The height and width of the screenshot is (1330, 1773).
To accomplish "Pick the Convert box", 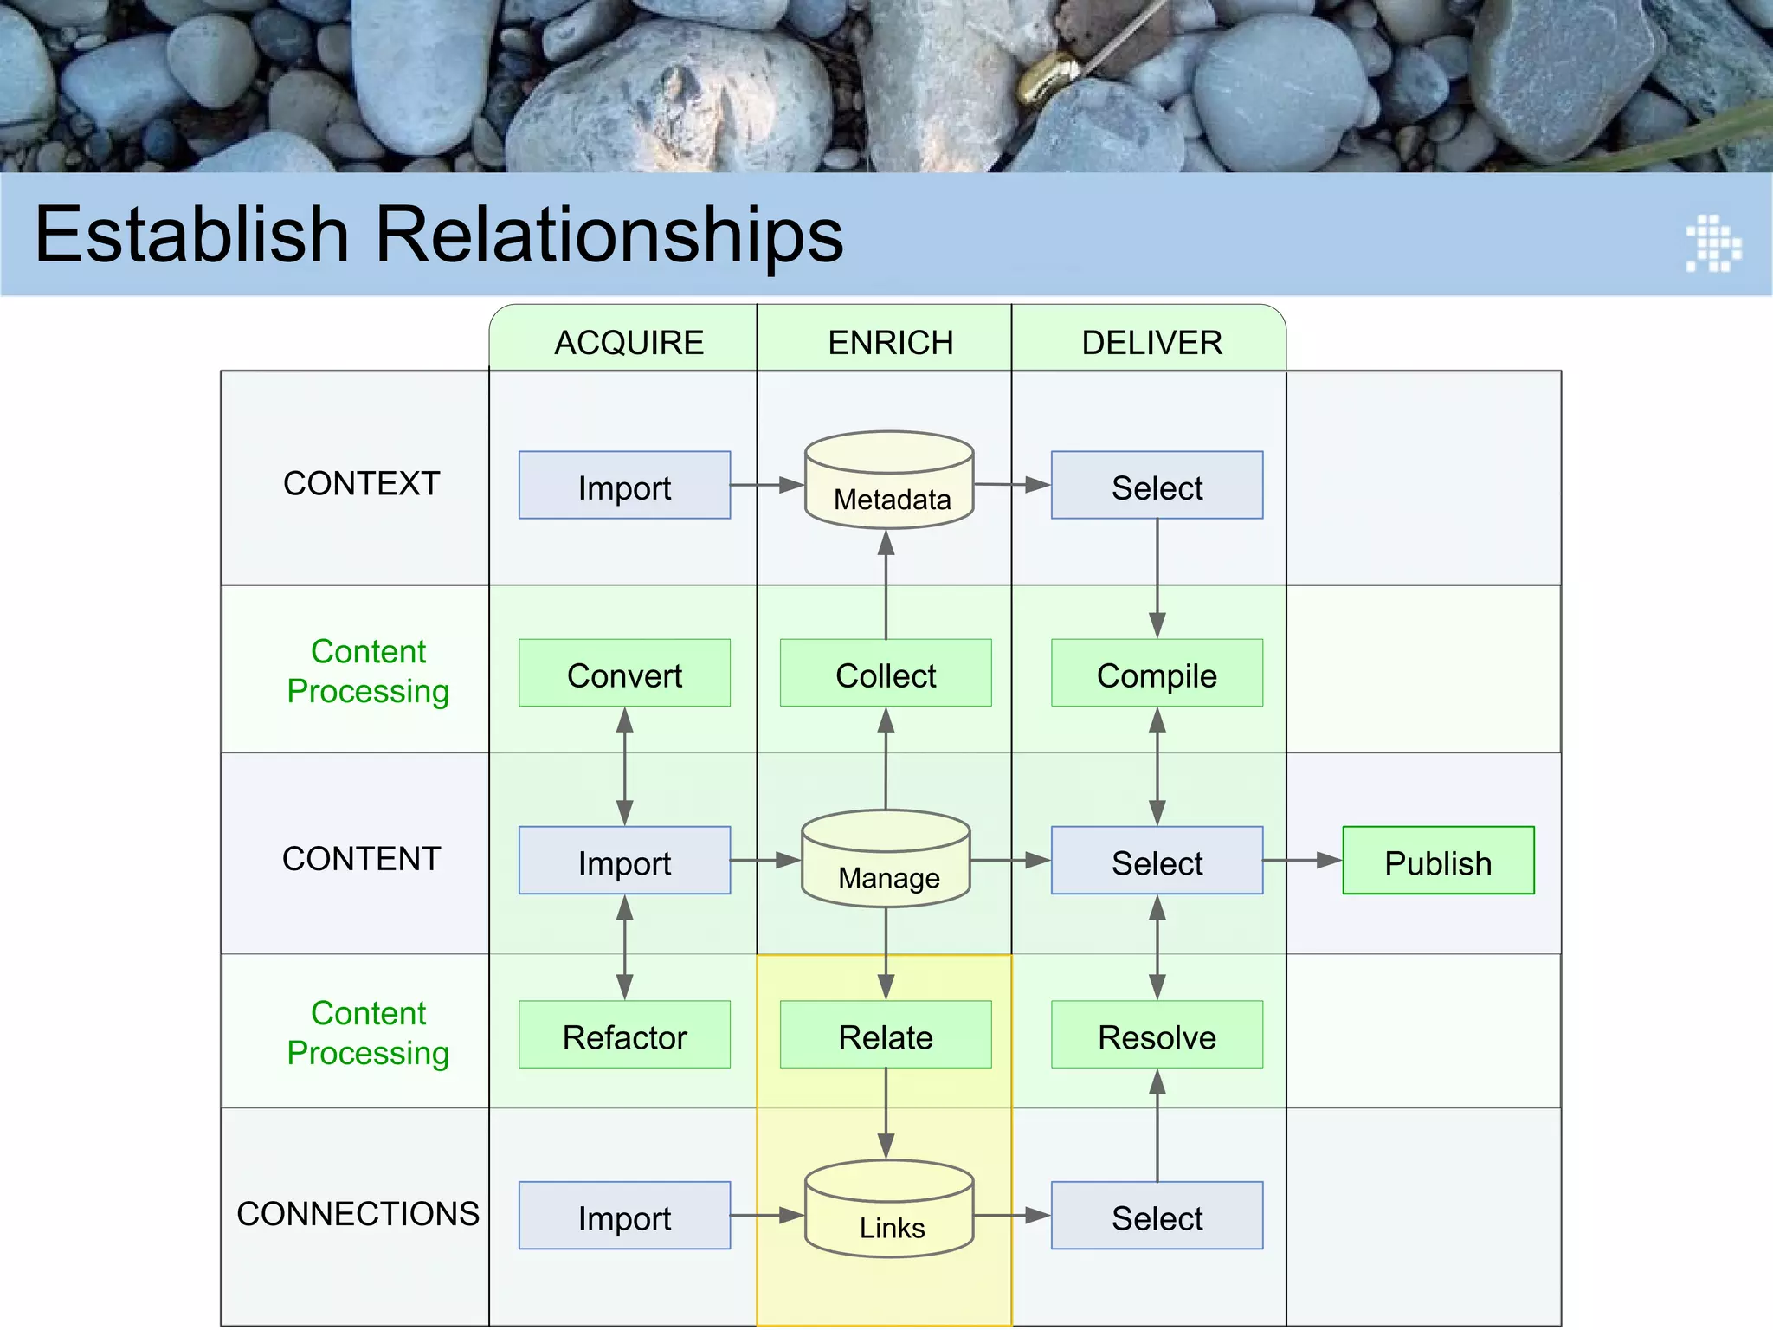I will coord(624,674).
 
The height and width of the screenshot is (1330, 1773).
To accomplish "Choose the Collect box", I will coord(886,674).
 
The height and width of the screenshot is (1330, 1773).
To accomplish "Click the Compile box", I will coord(1157,674).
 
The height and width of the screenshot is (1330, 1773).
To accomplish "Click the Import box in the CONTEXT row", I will coord(624,486).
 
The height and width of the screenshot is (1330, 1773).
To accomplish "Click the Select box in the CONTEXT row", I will coord(1157,486).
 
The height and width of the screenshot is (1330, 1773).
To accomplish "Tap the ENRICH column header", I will coord(890,343).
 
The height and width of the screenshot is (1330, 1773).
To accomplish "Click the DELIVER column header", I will coord(1151,343).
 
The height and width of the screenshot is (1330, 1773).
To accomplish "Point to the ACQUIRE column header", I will coord(629,343).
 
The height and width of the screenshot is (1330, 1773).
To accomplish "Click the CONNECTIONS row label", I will coord(358,1214).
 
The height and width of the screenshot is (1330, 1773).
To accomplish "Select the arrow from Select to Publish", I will coord(1302,861).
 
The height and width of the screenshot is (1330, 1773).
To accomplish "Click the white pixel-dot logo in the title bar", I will coord(1713,243).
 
